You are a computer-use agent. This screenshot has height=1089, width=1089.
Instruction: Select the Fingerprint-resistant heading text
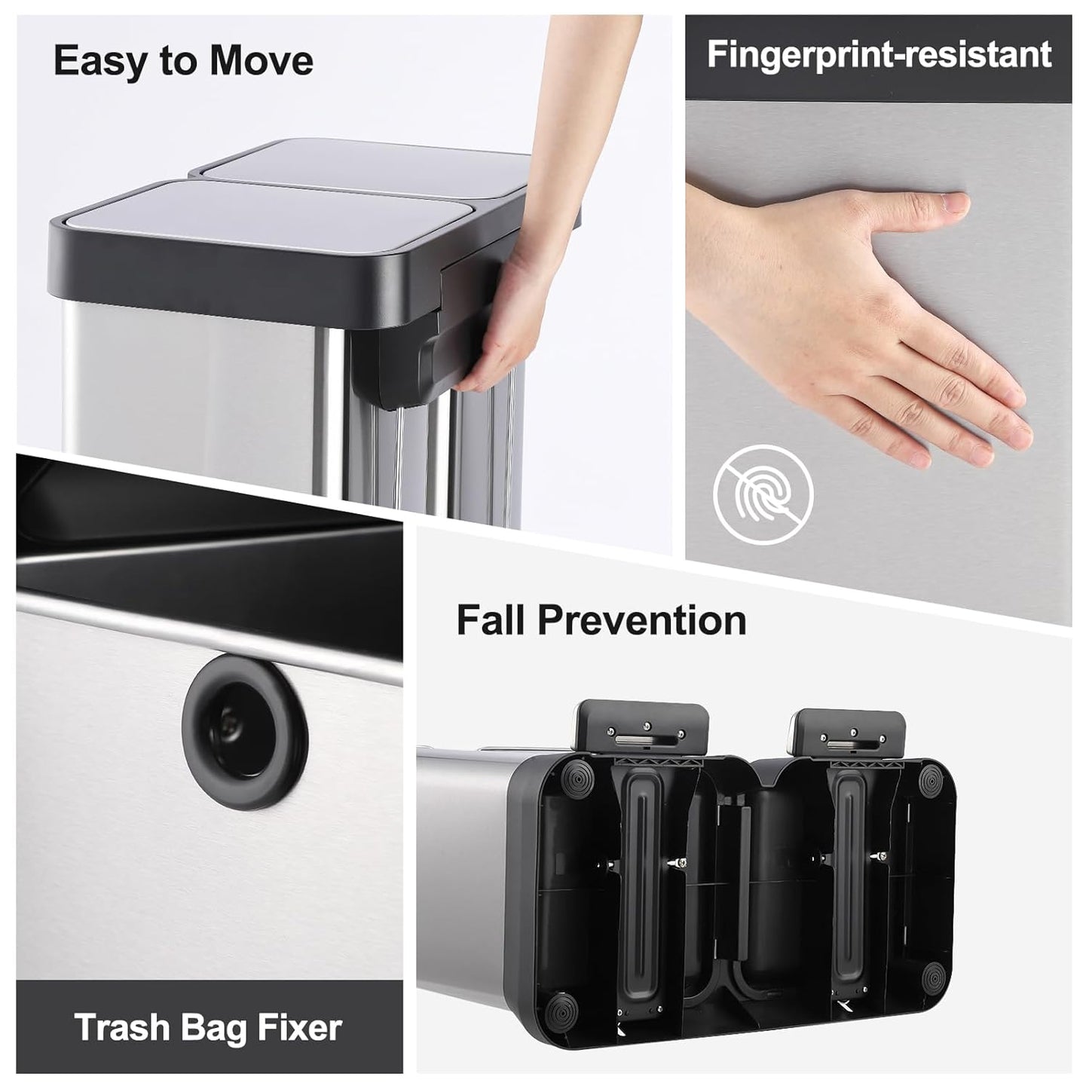(x=879, y=56)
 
